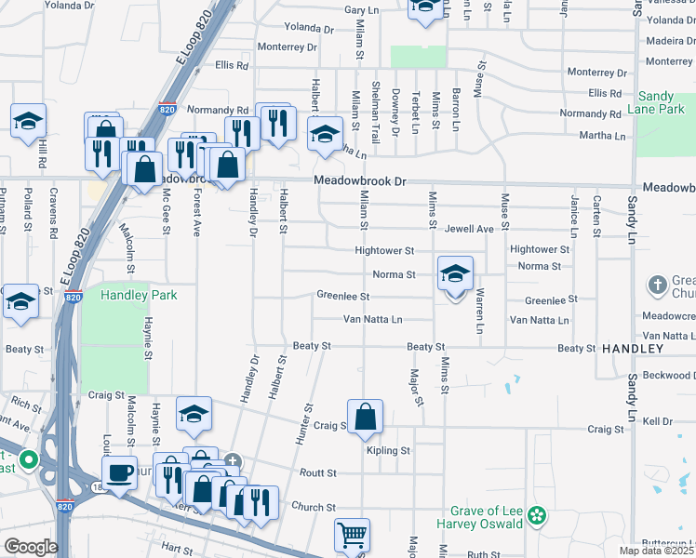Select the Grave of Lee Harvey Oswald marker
click(536, 514)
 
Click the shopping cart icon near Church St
click(352, 534)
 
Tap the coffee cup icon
click(119, 472)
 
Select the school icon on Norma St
click(455, 274)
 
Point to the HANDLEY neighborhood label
click(633, 348)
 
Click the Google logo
click(30, 547)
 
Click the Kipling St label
click(388, 450)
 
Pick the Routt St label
click(317, 472)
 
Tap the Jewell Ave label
click(468, 228)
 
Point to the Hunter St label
click(306, 422)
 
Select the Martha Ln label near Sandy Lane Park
click(603, 136)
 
